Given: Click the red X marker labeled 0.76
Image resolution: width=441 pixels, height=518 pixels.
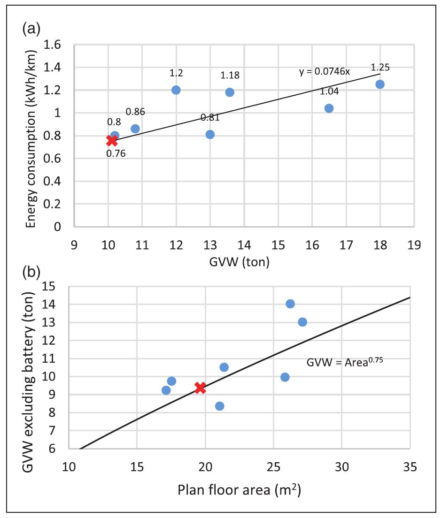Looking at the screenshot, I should click(112, 140).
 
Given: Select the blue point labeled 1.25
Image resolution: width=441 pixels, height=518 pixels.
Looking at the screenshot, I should click(380, 84).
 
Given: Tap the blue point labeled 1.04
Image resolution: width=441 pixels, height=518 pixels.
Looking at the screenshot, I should click(329, 108).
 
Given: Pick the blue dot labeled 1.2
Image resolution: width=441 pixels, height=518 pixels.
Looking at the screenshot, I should click(176, 90).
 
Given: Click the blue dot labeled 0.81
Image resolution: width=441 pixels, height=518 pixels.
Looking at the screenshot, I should click(210, 135).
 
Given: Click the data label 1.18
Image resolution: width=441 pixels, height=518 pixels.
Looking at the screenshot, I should click(230, 76).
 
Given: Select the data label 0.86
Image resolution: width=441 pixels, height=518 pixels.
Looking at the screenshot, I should click(135, 112).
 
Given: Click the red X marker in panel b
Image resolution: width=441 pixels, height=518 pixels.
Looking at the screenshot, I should click(201, 388).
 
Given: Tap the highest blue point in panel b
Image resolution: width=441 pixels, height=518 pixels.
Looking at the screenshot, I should click(290, 304).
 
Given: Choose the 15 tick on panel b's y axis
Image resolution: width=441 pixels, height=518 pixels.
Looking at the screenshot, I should click(55, 286).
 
